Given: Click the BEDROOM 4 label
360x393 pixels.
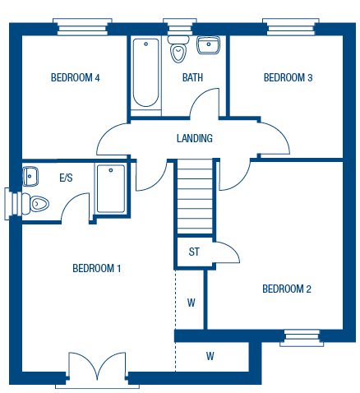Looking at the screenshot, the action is point(76,77).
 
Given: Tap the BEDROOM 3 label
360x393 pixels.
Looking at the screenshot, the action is point(288,77).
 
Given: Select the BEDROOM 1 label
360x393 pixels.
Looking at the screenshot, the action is point(97,268).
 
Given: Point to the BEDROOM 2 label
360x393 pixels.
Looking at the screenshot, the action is point(287,289).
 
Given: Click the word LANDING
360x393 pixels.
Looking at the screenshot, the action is point(195,138).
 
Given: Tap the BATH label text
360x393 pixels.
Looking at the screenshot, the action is point(192,77).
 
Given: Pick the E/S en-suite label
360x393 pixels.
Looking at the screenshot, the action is point(66,178).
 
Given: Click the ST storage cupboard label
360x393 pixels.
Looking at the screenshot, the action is point(194,252).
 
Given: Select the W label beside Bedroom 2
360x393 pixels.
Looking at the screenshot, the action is point(191,303).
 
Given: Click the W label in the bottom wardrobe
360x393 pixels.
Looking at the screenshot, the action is point(210,356).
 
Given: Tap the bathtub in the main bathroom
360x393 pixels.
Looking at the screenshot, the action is point(145,72).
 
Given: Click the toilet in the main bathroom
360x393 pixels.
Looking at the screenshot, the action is point(178,49).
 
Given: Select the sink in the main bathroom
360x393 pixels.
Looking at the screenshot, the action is point(209,45).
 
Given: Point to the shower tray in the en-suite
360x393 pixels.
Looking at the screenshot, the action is point(111,188).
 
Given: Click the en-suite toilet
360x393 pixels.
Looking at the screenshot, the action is point(35,204).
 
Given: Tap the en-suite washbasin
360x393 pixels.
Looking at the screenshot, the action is point(30,176).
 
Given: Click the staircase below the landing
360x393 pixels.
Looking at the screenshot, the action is point(195,196).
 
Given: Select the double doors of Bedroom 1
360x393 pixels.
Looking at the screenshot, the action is point(97,367).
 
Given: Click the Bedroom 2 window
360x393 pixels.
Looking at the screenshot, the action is point(302,338).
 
